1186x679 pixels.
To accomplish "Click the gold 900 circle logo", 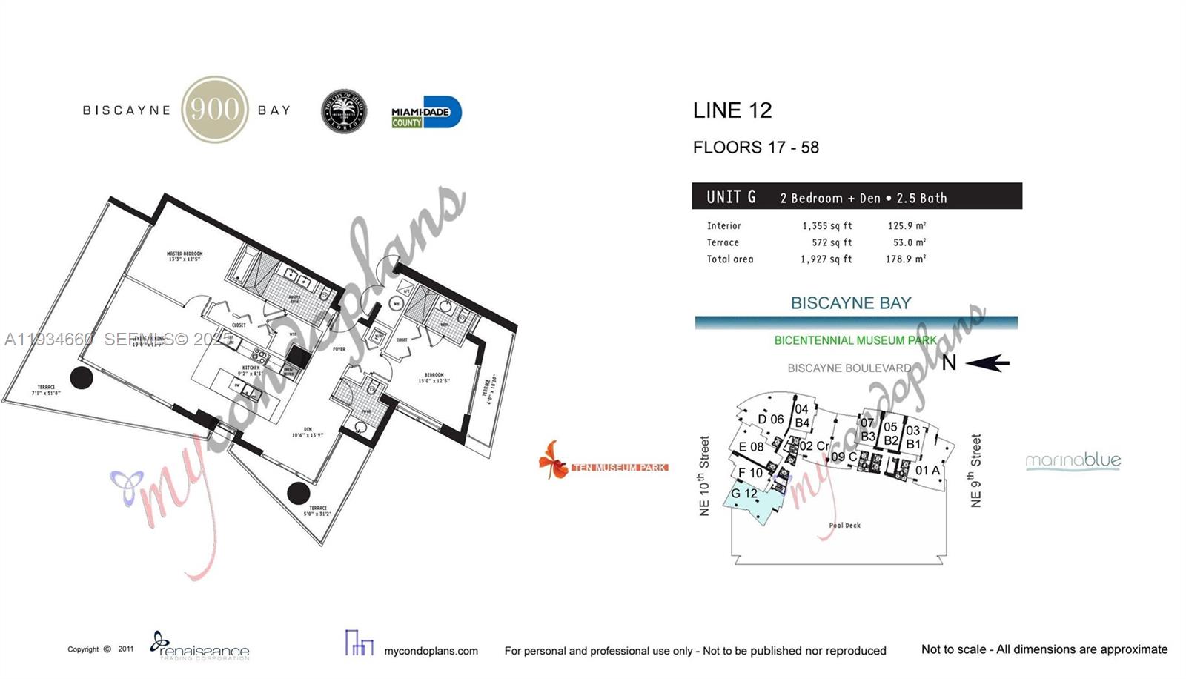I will click(x=215, y=110).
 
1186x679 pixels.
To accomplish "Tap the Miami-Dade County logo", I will click(x=426, y=113).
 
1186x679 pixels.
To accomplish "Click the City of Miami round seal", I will click(x=344, y=112).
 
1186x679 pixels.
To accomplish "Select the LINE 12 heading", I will click(x=732, y=110).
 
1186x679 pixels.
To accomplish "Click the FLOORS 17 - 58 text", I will click(x=755, y=148).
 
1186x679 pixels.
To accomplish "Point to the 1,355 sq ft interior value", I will click(x=826, y=226).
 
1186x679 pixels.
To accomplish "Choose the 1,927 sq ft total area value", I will click(x=826, y=259).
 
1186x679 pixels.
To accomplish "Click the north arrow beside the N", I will click(x=987, y=363).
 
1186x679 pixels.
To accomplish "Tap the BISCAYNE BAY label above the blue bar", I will click(x=850, y=303).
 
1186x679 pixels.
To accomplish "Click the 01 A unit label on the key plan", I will click(x=927, y=471).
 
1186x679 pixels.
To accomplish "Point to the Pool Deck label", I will click(x=844, y=526).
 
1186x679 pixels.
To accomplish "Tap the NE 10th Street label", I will click(x=704, y=476).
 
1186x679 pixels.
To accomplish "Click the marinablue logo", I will click(x=1073, y=461).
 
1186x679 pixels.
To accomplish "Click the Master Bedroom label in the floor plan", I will click(x=185, y=256).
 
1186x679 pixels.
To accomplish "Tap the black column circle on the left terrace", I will click(x=82, y=378).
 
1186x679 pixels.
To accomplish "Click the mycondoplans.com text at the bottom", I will click(x=431, y=651).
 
